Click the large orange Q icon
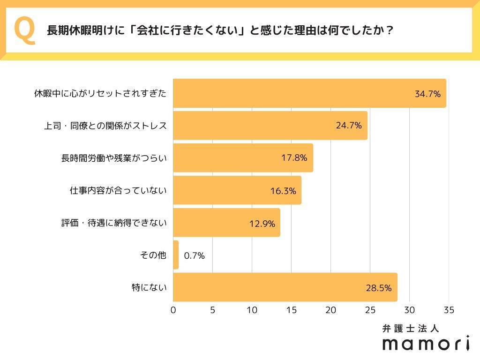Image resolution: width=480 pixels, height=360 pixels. point(24,31)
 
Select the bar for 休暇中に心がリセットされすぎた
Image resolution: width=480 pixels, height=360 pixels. point(309,93)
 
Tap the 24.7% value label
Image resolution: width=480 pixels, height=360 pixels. point(349,126)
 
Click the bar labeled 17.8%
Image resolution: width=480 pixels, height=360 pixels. point(243,158)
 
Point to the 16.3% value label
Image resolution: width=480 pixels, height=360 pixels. point(283,191)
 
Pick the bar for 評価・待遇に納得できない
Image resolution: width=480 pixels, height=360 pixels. point(226,223)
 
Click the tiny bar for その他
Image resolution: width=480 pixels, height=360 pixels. point(176,255)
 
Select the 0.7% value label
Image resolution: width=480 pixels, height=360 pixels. point(194,255)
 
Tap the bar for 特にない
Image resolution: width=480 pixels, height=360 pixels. point(285,287)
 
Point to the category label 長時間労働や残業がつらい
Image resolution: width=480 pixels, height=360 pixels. point(114,158)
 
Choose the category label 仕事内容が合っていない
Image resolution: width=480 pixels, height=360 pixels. point(118,190)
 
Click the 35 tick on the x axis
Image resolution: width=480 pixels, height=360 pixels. point(449,310)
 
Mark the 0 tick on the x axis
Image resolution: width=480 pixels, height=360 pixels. point(173,310)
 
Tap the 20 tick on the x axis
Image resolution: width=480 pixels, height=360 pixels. point(331,310)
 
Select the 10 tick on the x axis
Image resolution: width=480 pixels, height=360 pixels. point(252,310)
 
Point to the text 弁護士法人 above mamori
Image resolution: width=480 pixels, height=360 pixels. point(411,329)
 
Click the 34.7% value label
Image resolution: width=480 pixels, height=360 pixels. point(427,94)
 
